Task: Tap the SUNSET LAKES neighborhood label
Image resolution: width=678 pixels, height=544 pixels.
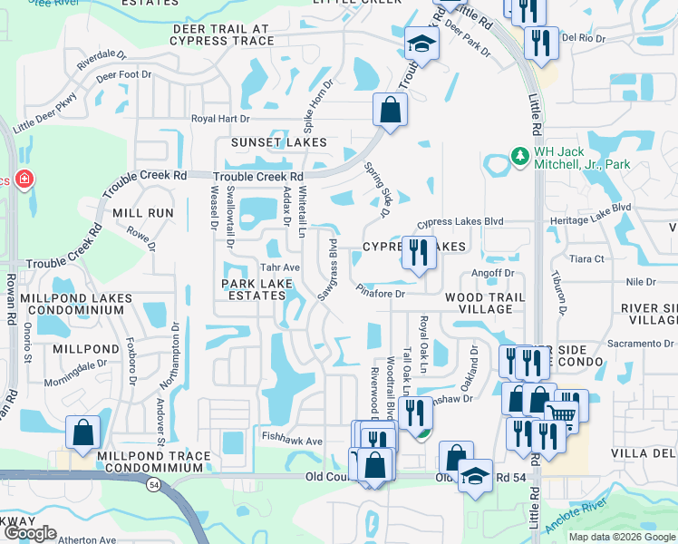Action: pyautogui.click(x=278, y=142)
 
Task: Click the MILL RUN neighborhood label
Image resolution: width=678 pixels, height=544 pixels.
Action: pyautogui.click(x=143, y=212)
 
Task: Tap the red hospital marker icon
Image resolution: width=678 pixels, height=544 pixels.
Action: pyautogui.click(x=24, y=179)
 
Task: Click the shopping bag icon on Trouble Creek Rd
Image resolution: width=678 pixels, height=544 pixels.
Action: pyautogui.click(x=390, y=112)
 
